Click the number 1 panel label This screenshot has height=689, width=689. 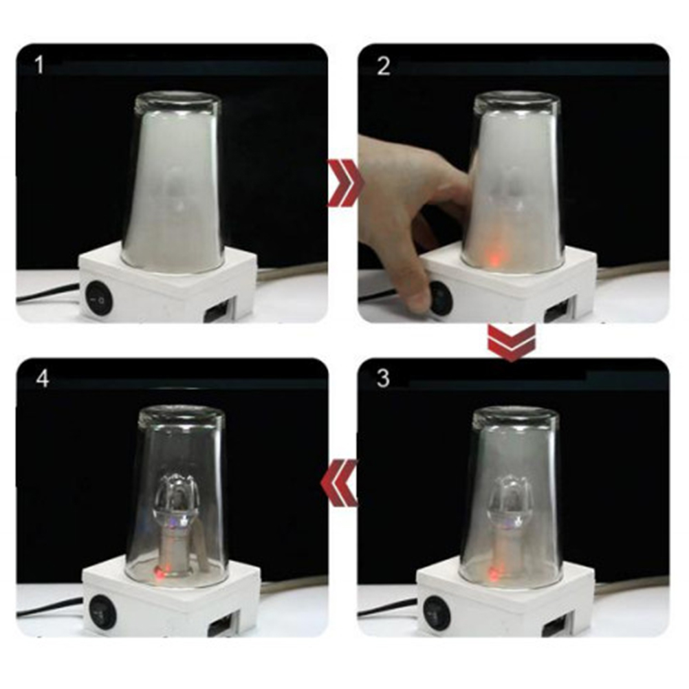40,65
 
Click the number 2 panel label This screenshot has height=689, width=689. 383,67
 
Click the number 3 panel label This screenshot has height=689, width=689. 383,378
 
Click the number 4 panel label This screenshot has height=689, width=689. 42,378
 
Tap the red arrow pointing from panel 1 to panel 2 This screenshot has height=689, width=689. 344,183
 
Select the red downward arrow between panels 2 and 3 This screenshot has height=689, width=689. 511,342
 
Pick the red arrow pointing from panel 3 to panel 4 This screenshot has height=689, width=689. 339,483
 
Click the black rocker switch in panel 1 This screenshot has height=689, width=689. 99,300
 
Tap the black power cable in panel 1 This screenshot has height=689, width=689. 48,294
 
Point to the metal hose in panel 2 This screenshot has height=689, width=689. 633,269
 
